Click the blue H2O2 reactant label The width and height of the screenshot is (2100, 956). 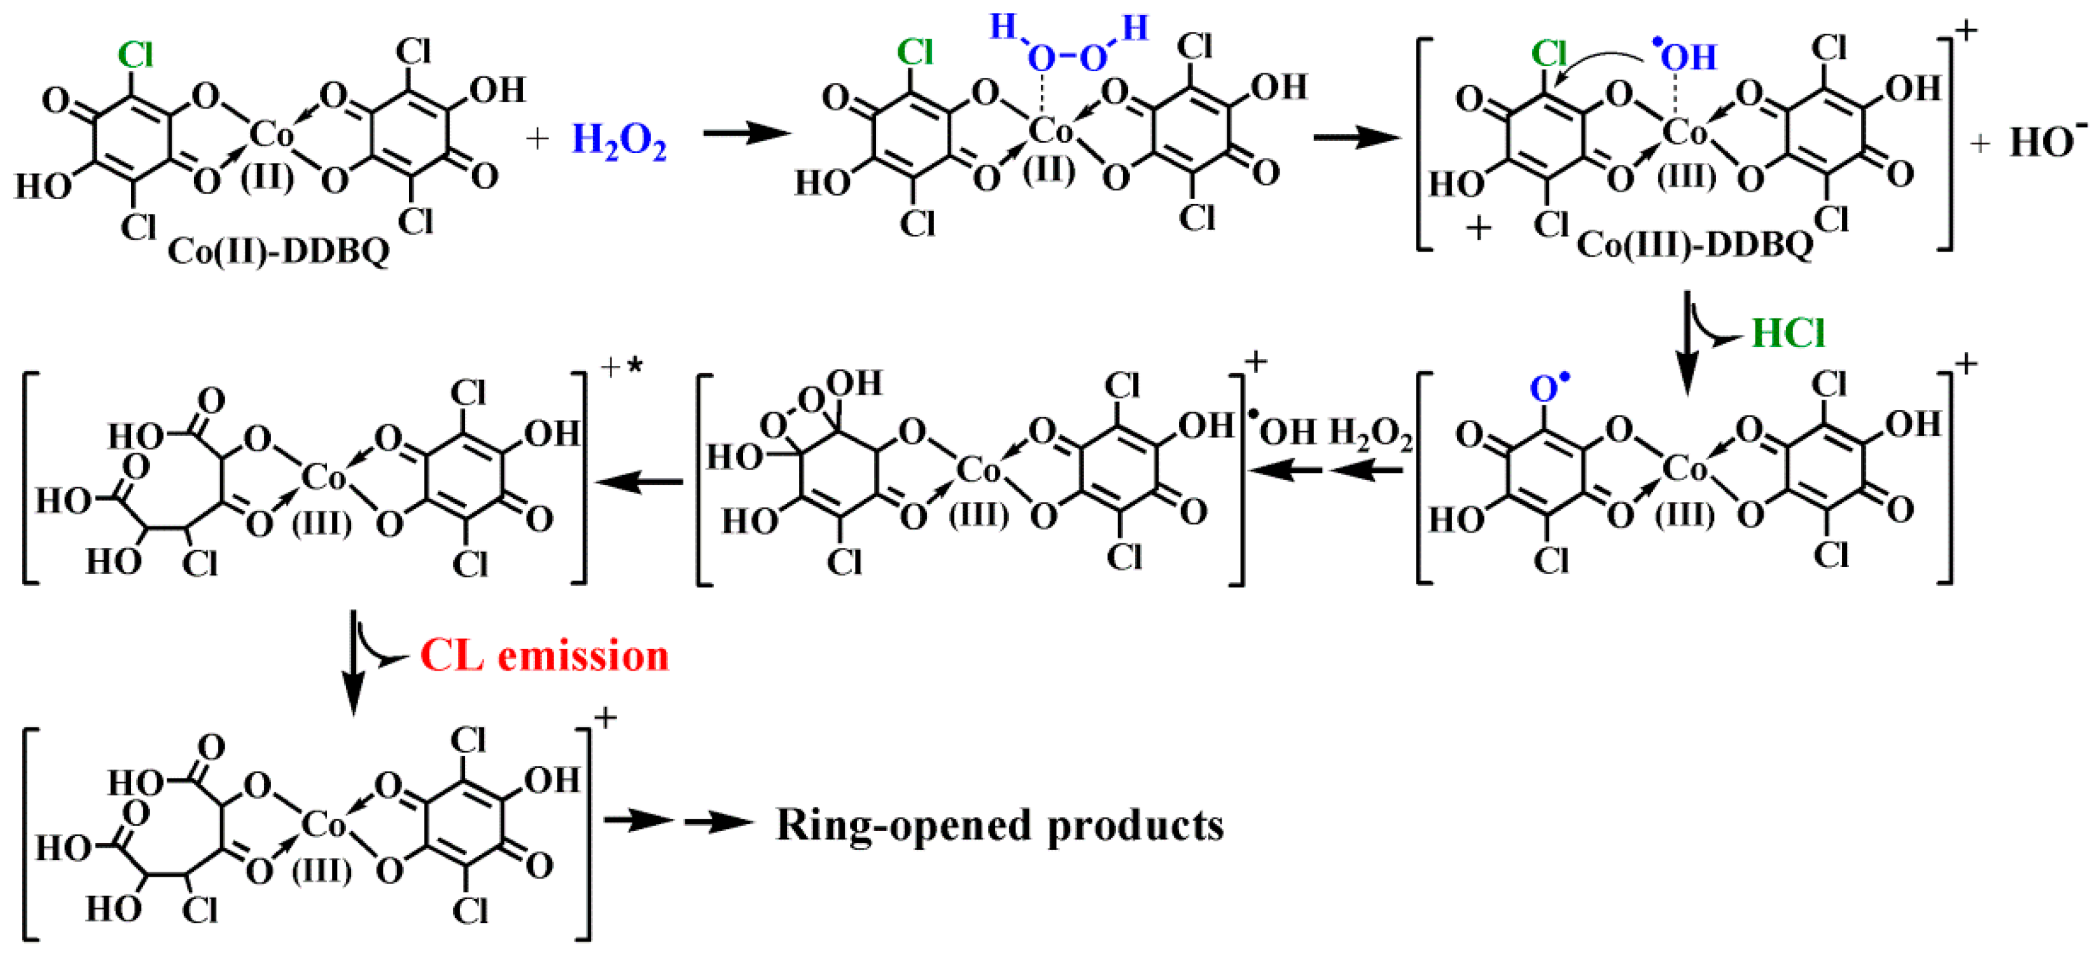[x=619, y=140]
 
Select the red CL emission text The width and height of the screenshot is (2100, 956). [x=544, y=656]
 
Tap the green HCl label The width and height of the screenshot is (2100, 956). [x=1788, y=333]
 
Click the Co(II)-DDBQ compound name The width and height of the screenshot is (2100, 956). [x=279, y=251]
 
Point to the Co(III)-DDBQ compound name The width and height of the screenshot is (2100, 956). [x=1695, y=244]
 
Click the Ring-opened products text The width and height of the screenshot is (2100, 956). [x=999, y=825]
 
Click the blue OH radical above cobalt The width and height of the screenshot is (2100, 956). [x=1686, y=56]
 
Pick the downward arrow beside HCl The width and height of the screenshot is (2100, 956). [x=1686, y=343]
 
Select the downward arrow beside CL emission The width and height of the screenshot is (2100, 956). [x=353, y=661]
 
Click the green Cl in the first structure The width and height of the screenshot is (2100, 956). [x=135, y=56]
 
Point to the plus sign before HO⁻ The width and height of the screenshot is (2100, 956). [x=1980, y=144]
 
